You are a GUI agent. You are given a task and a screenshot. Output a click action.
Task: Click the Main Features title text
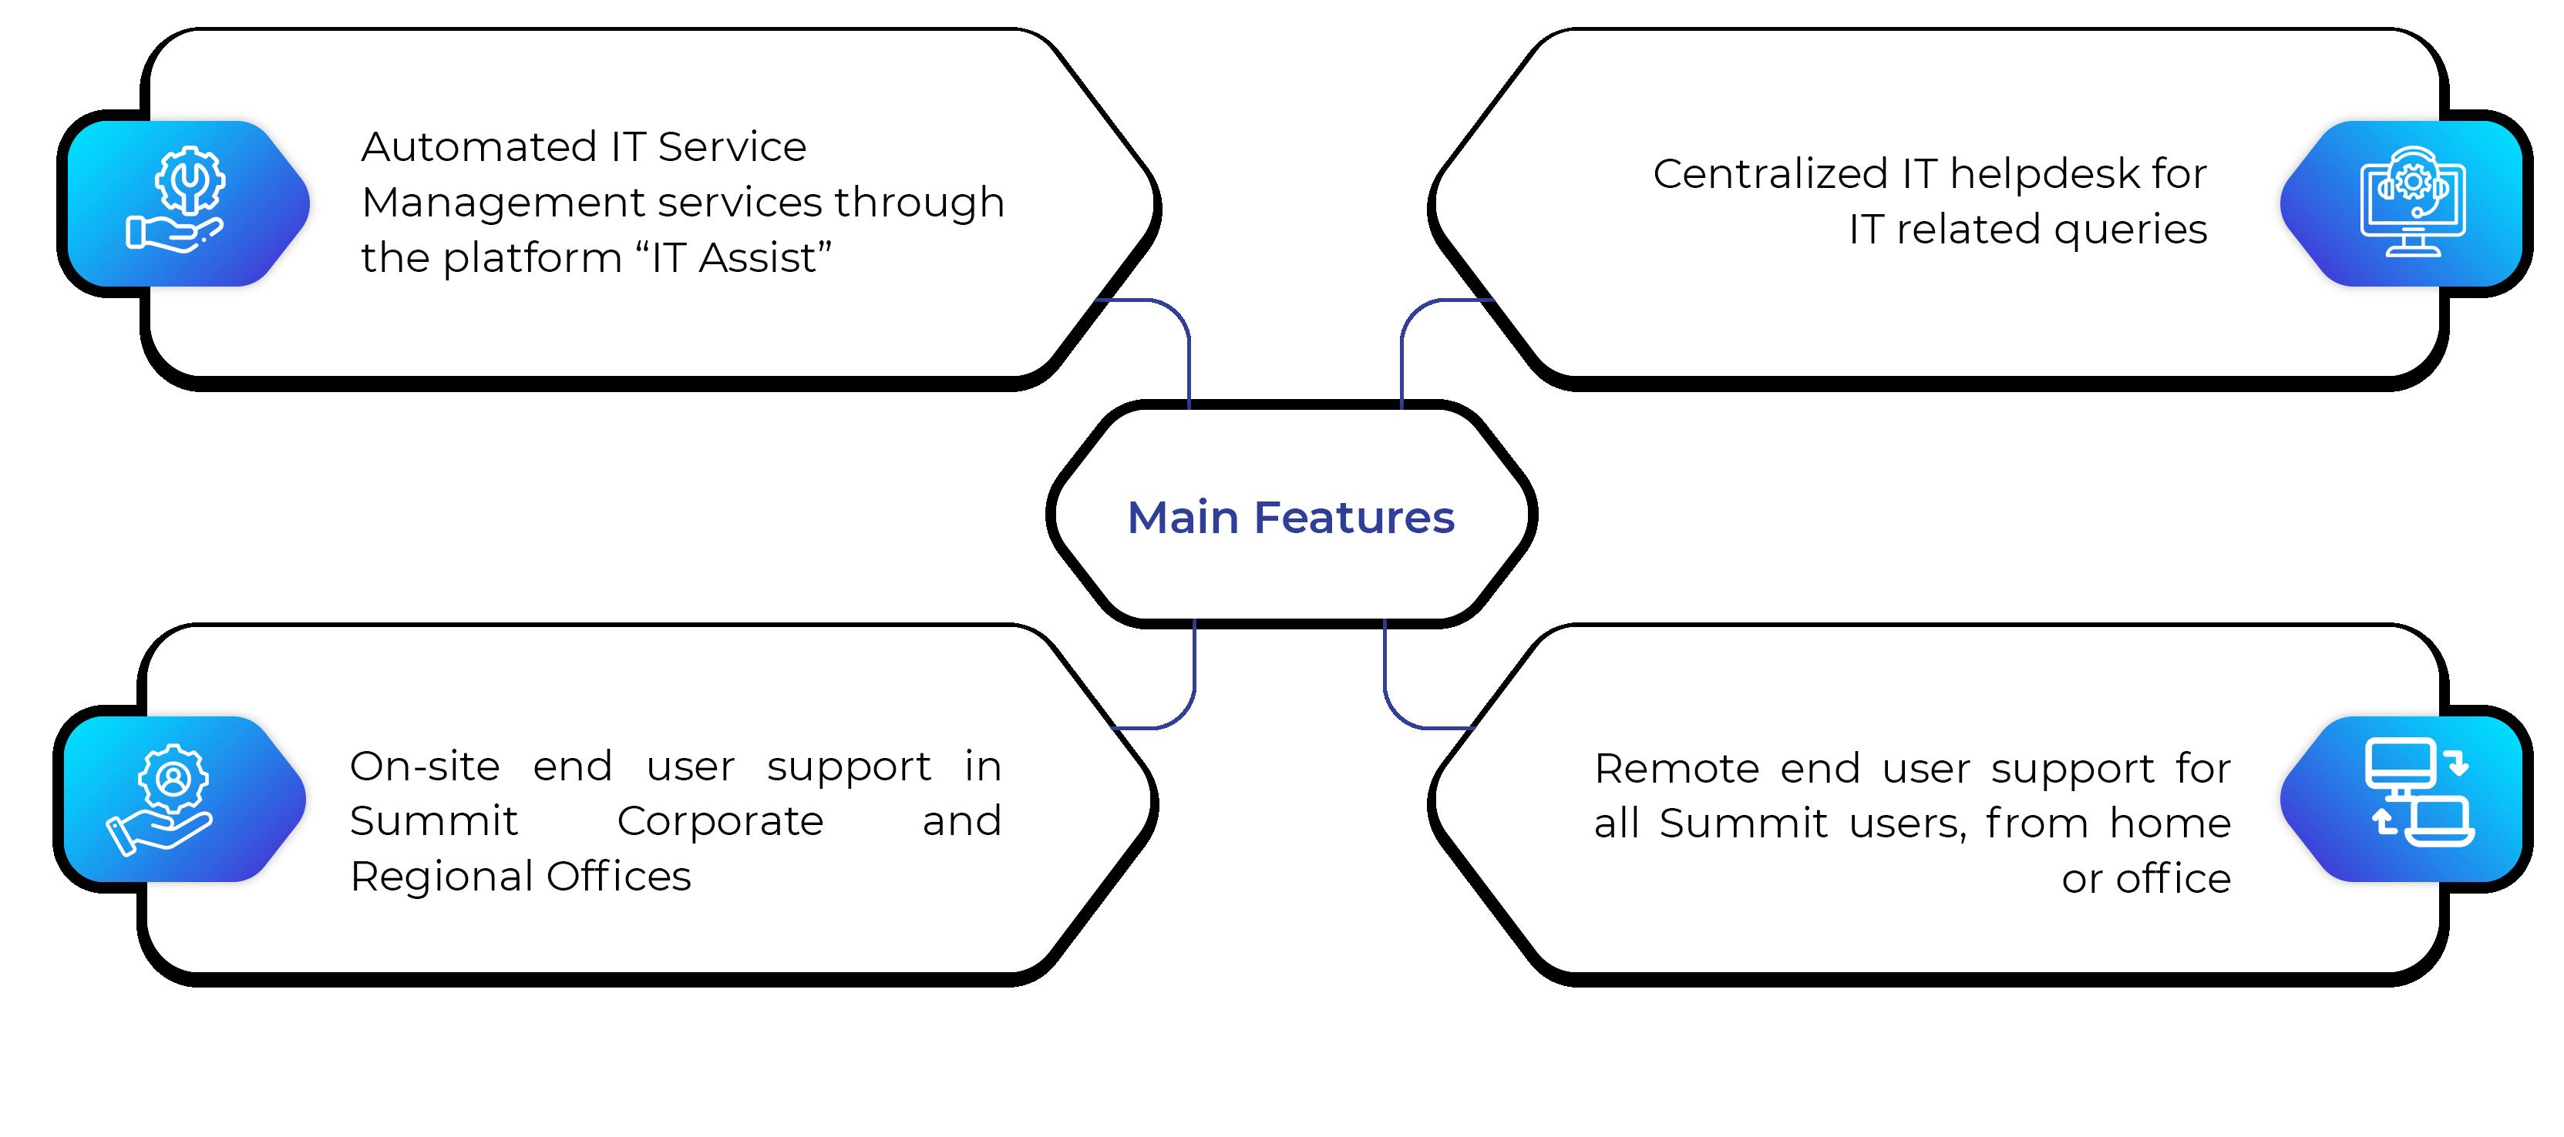tap(1291, 517)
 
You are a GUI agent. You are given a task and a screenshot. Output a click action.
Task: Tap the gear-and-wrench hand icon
tap(177, 198)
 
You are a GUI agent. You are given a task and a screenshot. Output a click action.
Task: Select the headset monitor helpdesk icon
tap(2413, 202)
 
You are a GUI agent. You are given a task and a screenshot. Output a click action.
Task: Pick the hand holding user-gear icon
tap(160, 800)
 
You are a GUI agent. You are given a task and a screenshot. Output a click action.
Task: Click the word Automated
tap(478, 147)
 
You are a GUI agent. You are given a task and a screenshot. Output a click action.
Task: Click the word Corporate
tap(721, 822)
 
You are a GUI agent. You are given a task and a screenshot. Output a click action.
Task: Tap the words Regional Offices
tap(520, 877)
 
